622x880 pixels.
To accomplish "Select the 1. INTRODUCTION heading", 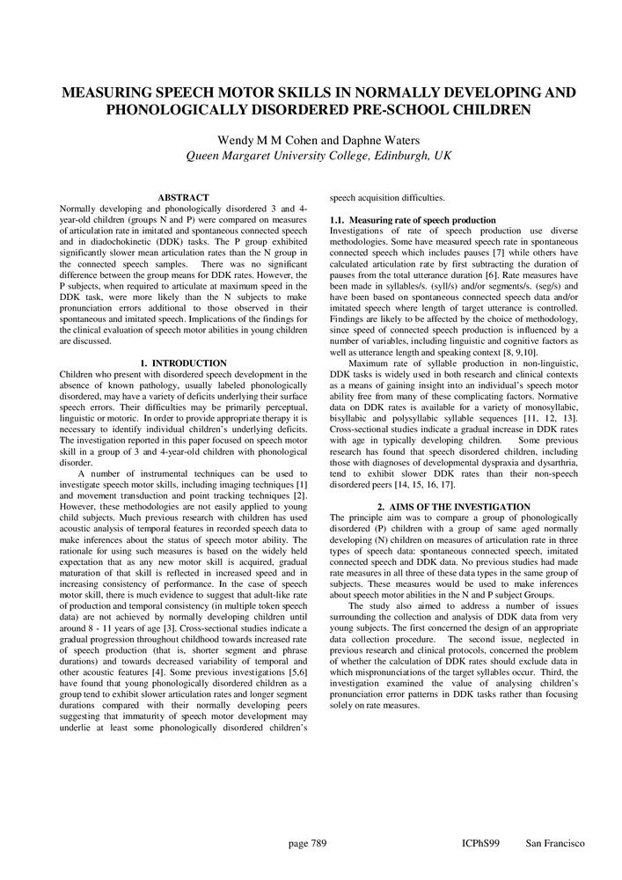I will coord(183,363).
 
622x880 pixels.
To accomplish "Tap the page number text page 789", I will coord(308,843).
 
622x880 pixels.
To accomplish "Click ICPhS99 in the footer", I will coord(480,843).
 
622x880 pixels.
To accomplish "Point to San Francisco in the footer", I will coord(555,843).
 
